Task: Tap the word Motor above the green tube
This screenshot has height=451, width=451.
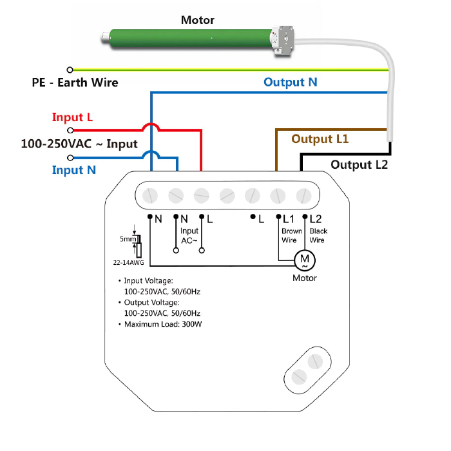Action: pos(198,20)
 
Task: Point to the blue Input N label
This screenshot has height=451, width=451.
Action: pos(74,170)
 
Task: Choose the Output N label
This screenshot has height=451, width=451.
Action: pos(290,82)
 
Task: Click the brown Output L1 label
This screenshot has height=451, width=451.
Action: pos(320,139)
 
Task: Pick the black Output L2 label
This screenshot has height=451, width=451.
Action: pos(359,165)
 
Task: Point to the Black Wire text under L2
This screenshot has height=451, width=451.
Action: pos(318,235)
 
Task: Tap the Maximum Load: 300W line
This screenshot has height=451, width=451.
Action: pos(160,324)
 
